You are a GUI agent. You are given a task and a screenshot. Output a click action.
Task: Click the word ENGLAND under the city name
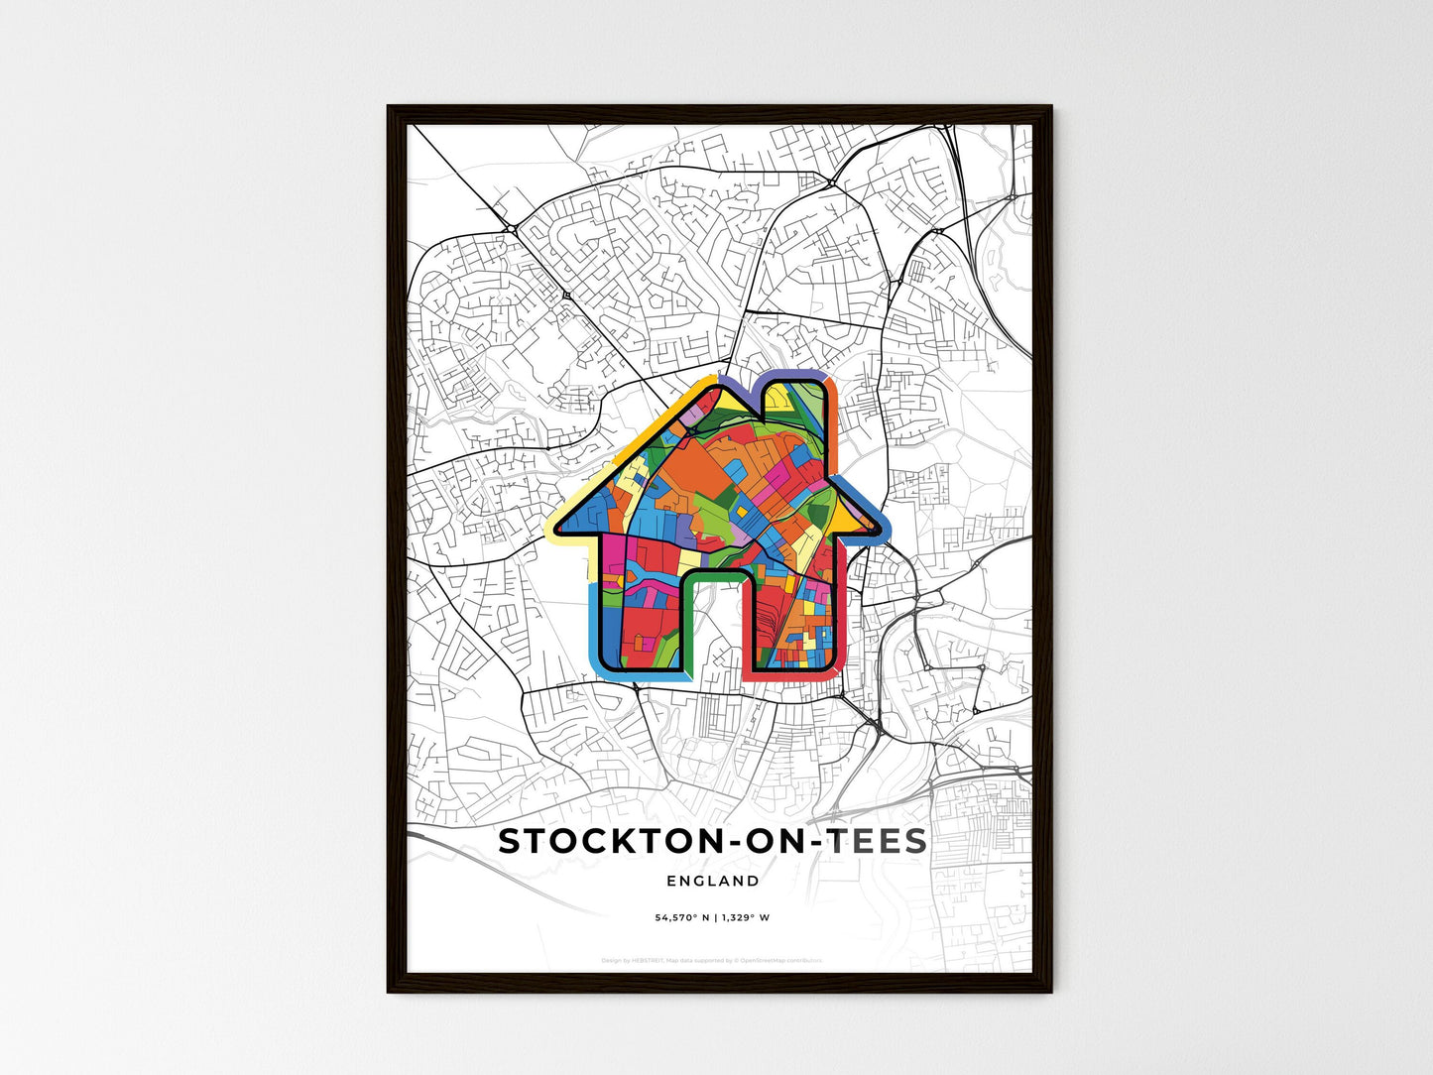712,881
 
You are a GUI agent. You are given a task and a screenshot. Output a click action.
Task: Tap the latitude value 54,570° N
681,917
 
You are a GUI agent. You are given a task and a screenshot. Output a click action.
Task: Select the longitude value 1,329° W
745,917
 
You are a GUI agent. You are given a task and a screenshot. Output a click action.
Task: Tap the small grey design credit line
712,960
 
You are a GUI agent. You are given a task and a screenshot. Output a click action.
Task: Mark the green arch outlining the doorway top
712,574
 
